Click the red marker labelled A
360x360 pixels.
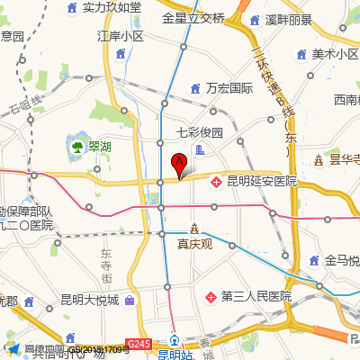178,164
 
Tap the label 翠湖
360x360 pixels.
100,146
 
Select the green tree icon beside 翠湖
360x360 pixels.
76,146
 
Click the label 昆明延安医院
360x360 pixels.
262,182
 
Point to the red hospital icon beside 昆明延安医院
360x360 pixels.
217,182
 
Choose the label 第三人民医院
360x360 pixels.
256,296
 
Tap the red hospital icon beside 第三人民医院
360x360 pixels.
211,296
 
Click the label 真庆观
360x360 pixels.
193,244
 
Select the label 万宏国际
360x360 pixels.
229,88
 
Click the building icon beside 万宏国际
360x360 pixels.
196,88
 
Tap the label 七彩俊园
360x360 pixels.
199,131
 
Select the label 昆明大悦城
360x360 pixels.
89,300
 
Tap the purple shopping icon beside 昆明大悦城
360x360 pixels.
130,300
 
